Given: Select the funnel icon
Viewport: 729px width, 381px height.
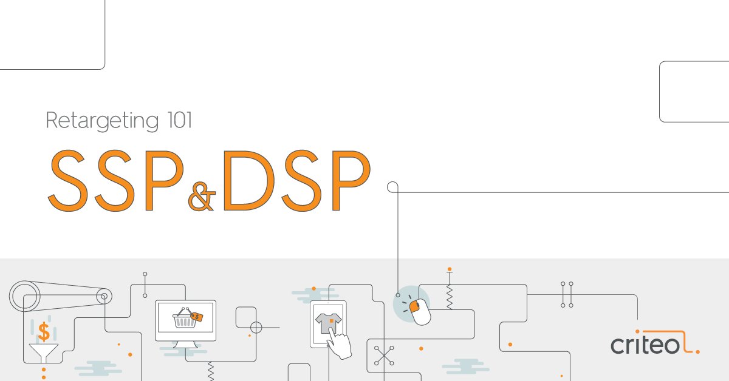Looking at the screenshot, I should click(x=44, y=352).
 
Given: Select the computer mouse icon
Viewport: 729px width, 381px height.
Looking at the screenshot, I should click(x=419, y=310).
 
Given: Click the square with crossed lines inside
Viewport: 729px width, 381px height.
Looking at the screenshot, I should click(x=384, y=356).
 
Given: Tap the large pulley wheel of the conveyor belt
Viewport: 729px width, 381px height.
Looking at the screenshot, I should click(x=25, y=297).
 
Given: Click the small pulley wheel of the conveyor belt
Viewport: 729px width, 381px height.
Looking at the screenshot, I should click(x=104, y=296).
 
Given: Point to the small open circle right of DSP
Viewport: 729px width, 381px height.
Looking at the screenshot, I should click(x=392, y=187).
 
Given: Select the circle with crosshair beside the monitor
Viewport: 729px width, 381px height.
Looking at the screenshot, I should click(x=256, y=328).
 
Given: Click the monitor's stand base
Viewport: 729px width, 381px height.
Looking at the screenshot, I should click(x=185, y=346).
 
